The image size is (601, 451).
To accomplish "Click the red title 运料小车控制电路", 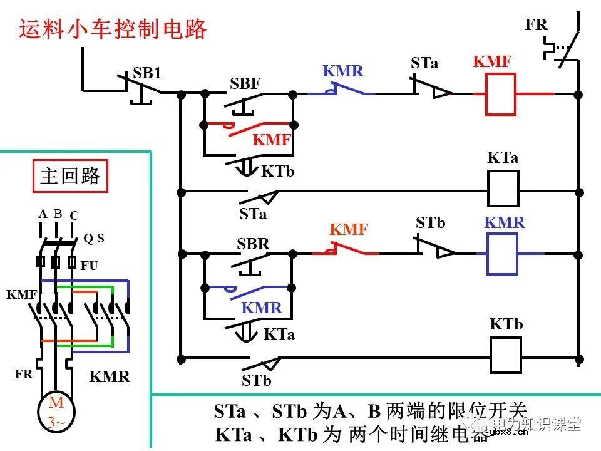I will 113,29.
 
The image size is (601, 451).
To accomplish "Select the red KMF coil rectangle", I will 500,94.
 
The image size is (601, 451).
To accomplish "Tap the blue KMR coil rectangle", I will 502,254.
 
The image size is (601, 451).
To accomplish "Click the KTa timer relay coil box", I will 503,189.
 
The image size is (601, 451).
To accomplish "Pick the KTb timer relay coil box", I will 505,355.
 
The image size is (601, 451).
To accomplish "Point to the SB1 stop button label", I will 147,73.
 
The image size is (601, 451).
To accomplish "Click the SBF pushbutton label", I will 245,84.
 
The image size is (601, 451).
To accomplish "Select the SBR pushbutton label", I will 253,244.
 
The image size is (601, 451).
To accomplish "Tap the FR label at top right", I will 536,25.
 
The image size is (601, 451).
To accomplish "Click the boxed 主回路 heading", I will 70,175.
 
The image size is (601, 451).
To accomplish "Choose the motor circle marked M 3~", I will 56,412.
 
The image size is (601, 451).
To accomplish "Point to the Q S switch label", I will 94,239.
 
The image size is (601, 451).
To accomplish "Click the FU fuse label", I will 90,266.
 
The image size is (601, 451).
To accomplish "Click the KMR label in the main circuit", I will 110,376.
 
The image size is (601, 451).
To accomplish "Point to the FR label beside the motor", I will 24,375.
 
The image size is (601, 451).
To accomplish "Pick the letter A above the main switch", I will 43,214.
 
